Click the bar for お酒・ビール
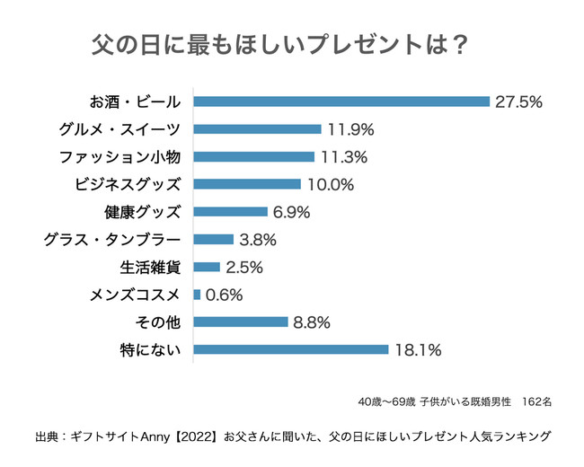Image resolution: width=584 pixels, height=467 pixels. coord(341,101)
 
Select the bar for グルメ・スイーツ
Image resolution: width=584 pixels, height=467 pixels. coord(257,129)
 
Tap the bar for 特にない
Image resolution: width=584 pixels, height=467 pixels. coord(291,349)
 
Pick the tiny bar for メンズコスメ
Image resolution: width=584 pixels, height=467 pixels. coord(197,295)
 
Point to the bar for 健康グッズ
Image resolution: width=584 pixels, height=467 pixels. coord(231,212)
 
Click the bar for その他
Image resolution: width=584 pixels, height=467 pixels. coord(241,322)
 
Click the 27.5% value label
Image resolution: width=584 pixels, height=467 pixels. coord(518,101)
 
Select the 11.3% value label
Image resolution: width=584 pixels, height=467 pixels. coord(343,157)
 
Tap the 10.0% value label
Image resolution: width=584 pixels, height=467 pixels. coord(330,184)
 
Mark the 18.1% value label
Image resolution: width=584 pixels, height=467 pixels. coord(418,349)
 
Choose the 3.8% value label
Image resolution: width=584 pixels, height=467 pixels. coord(257,240)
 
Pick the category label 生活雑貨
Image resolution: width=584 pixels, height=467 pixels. coord(150,267)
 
